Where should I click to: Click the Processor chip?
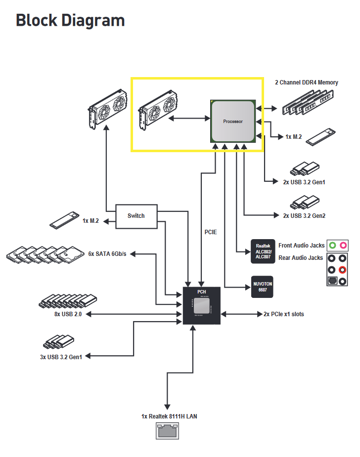[233, 121]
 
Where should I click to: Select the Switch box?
[136, 216]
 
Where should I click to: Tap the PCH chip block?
[202, 305]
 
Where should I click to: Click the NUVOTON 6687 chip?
[262, 287]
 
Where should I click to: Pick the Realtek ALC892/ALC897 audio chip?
[263, 251]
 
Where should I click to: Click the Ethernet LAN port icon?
[167, 431]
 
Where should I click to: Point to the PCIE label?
[211, 232]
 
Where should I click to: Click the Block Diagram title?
[70, 21]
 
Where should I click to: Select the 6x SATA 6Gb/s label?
[107, 254]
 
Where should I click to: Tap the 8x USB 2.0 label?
[68, 314]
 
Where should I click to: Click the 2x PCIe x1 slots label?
[283, 314]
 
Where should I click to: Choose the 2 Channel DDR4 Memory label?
[307, 83]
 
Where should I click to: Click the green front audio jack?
[332, 246]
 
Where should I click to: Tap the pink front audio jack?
[343, 246]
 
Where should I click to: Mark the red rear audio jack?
[343, 270]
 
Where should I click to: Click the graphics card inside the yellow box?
[158, 110]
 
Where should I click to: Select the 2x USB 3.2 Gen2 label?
[304, 216]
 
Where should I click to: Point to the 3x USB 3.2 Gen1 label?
[61, 357]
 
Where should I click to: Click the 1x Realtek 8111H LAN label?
[169, 416]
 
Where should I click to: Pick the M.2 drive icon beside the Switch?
[64, 220]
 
